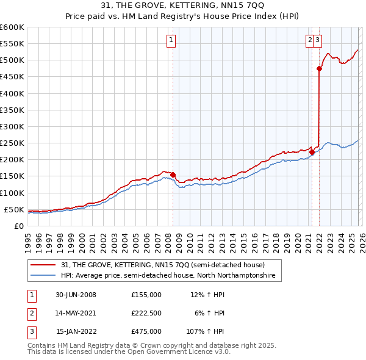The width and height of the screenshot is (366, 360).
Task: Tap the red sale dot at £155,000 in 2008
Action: coord(173,175)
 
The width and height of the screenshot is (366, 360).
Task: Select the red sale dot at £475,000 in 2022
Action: coord(319,69)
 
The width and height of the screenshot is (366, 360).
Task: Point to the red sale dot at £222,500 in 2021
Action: coord(312,152)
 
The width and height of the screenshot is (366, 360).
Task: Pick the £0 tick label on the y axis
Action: coord(18,226)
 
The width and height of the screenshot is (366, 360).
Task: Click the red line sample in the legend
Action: coord(43,265)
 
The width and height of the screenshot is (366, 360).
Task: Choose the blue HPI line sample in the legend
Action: coord(43,276)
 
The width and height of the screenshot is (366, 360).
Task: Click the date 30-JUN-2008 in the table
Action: coord(76,295)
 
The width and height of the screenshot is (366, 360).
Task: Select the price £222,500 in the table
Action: coord(146,313)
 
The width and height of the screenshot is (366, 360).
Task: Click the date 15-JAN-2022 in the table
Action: coord(76,331)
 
